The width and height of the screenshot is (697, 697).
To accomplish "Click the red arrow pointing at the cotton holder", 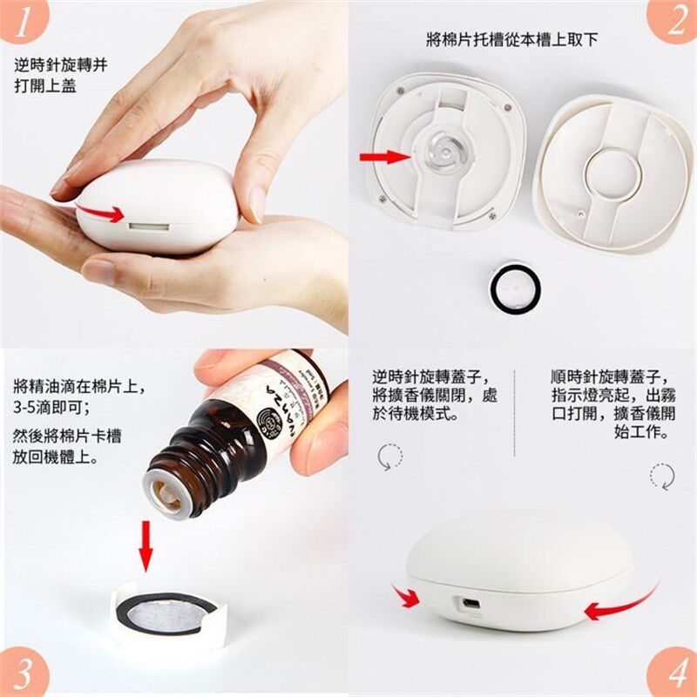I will click(x=386, y=157).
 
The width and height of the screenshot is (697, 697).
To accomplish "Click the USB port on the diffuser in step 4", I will click(x=470, y=602).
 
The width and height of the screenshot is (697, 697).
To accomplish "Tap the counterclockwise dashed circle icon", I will click(x=389, y=457).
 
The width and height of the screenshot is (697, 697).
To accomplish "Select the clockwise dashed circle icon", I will click(x=661, y=475).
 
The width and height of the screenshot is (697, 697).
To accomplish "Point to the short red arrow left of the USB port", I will click(x=405, y=597).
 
